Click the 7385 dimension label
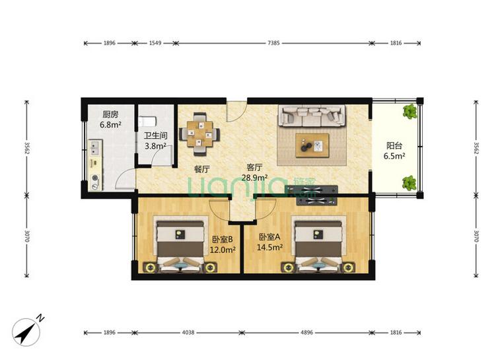273,43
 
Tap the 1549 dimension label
155,43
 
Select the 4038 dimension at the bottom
188,333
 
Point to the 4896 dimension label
306,333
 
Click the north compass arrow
26,332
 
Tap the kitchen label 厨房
110,114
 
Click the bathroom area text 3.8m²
155,146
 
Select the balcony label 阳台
394,145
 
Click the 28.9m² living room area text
255,178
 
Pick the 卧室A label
269,237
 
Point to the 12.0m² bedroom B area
223,250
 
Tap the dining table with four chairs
199,134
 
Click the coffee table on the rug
312,145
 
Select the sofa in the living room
312,116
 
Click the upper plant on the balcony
410,112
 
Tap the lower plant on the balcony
409,183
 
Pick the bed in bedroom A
318,244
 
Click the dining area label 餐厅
201,169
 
